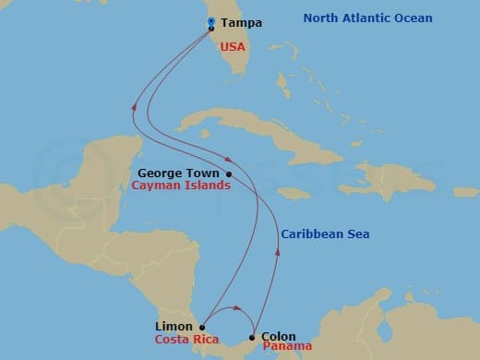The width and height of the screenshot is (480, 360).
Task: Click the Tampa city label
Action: pos(242,22)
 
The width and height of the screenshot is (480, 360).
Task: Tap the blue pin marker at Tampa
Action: pos(211,21)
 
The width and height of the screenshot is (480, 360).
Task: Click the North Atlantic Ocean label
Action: pos(368,18)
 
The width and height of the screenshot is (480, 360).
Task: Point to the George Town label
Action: pos(179,173)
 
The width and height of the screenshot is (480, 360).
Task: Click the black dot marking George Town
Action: pos(229,173)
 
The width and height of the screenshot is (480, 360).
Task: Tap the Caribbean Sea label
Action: pos(326,234)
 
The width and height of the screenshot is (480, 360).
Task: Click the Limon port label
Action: pos(174,326)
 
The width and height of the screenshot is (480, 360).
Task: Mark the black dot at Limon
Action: pos(202,326)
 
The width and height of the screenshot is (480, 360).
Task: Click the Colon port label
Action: pos(279,336)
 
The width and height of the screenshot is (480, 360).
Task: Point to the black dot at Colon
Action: pos(253,337)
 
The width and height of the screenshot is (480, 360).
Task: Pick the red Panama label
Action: pos(287,347)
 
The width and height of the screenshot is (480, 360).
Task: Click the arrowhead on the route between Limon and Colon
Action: pos(238,309)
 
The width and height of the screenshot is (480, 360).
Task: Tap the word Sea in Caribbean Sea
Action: pos(357,234)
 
